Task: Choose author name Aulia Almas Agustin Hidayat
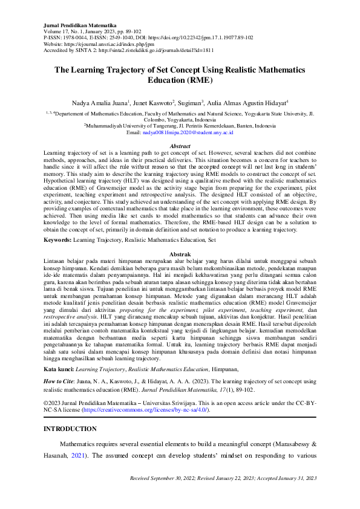click(x=248, y=103)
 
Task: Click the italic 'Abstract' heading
click(x=180, y=146)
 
